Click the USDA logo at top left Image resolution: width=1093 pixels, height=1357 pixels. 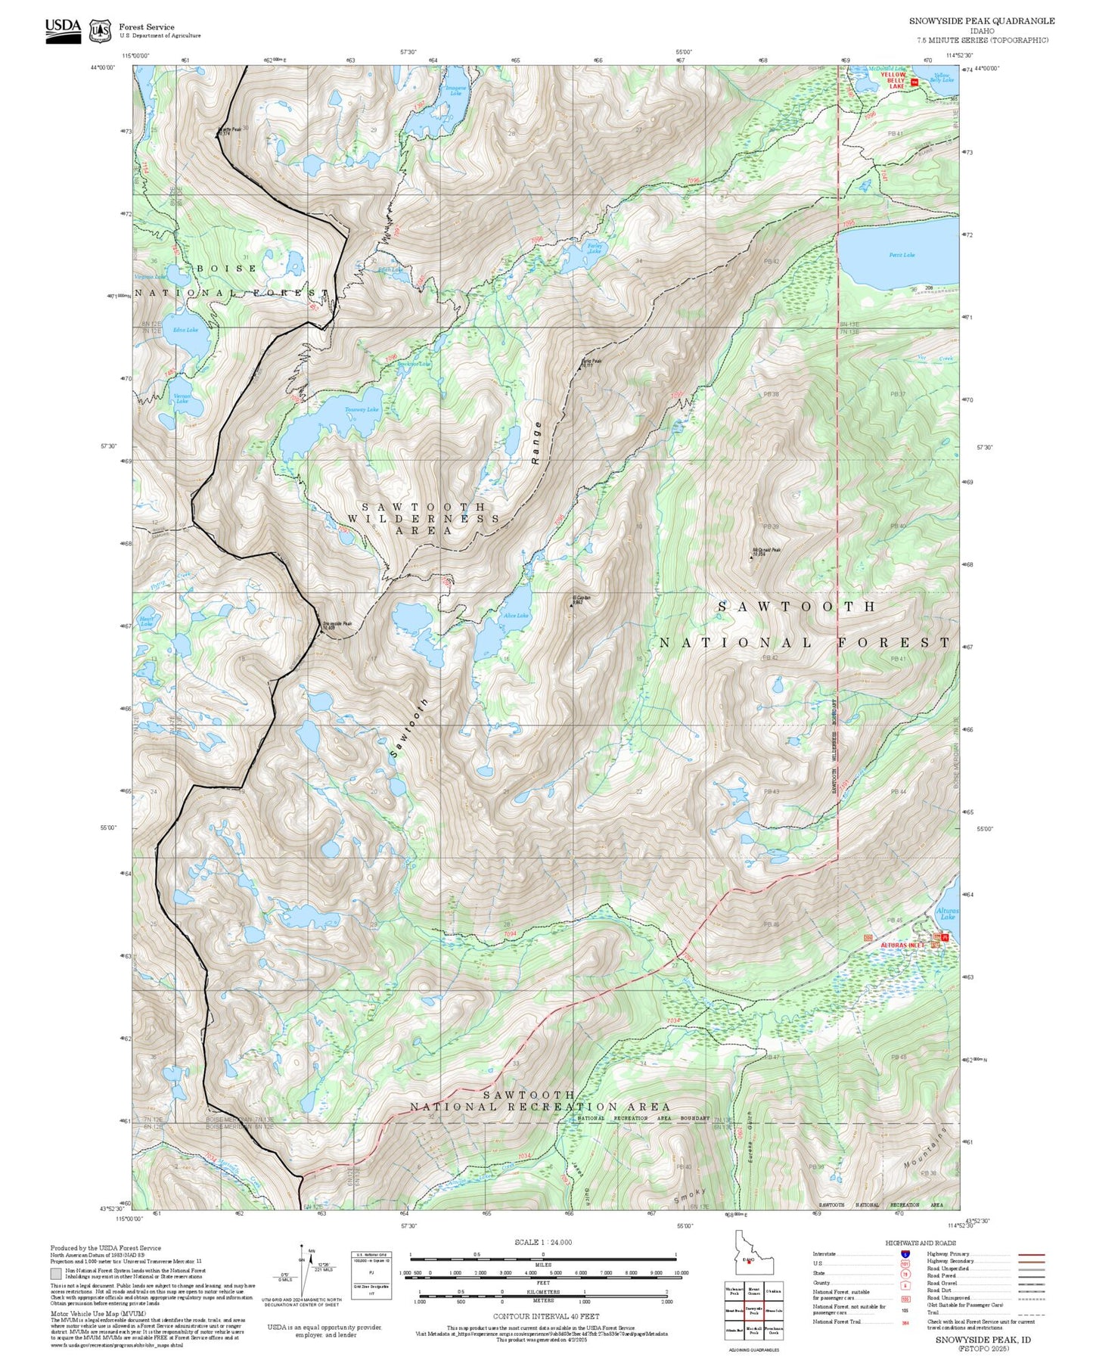(63, 30)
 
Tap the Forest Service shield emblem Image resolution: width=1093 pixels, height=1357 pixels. (100, 31)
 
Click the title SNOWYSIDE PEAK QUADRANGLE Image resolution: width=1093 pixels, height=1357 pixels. (981, 21)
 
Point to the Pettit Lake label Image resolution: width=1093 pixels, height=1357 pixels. (902, 255)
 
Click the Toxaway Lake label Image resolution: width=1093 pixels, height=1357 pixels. (361, 409)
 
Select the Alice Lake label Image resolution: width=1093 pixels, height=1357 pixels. (516, 615)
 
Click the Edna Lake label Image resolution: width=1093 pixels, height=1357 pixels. (185, 330)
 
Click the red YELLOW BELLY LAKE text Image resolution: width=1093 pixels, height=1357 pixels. (893, 80)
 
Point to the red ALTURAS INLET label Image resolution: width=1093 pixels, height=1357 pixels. (902, 945)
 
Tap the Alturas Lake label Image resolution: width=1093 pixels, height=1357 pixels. (947, 914)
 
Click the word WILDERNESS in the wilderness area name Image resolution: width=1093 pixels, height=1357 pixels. (423, 519)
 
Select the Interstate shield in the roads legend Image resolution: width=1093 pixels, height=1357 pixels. (905, 1254)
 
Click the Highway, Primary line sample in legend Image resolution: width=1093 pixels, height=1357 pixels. (1031, 1254)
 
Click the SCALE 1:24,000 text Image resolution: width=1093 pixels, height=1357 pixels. (543, 1242)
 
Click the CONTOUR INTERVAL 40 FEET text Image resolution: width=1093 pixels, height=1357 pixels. (546, 1315)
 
